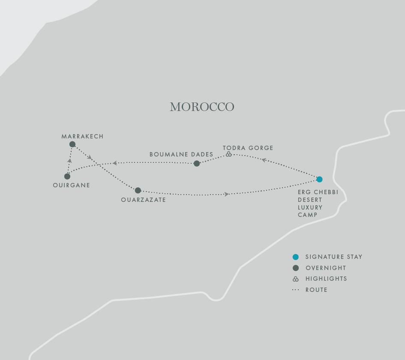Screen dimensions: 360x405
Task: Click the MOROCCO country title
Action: click(202, 107)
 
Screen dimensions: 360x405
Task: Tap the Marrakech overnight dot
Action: click(72, 144)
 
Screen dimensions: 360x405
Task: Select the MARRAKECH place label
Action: click(82, 136)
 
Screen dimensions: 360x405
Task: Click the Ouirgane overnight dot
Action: click(67, 176)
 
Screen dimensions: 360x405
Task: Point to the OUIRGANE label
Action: click(72, 185)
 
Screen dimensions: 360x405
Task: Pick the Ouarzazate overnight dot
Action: click(138, 190)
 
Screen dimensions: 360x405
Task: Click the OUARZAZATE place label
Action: click(143, 200)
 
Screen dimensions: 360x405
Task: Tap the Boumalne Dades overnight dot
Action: click(197, 163)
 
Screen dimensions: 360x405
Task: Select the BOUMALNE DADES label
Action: click(181, 154)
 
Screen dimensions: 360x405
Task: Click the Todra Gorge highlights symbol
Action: click(229, 154)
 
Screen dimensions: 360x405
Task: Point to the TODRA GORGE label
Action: click(248, 148)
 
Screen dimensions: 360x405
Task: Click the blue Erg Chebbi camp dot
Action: click(319, 179)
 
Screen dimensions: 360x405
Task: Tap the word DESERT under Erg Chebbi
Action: click(310, 200)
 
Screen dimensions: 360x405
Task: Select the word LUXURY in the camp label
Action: click(310, 207)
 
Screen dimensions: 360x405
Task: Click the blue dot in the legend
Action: click(295, 257)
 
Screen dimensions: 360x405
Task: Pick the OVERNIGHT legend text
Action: click(326, 268)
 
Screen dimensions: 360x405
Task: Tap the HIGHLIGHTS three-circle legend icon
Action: click(295, 279)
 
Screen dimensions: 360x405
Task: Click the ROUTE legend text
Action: click(316, 290)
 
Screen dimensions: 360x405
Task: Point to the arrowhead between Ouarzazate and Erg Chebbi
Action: click(226, 195)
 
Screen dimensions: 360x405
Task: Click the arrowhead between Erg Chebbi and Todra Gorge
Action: click(264, 160)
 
